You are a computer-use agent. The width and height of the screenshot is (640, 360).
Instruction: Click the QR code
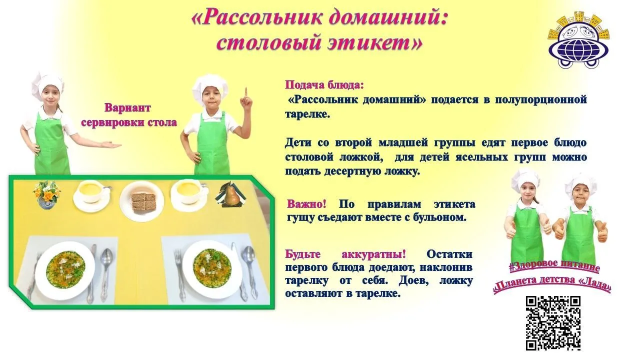(553, 323)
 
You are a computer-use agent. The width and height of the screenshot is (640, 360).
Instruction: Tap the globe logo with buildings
(578, 39)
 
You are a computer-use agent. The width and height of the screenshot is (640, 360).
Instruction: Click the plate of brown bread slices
(141, 201)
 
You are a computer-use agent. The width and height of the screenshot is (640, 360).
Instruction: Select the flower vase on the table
(46, 195)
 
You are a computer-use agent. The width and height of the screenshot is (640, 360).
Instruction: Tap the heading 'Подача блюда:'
(324, 85)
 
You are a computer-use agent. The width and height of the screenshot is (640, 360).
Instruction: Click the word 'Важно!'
(306, 204)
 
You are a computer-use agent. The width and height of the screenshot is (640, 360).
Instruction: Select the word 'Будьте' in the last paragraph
(303, 254)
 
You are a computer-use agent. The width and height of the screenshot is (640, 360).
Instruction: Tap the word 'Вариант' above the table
(127, 108)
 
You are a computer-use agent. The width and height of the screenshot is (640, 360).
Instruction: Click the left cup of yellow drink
(91, 193)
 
